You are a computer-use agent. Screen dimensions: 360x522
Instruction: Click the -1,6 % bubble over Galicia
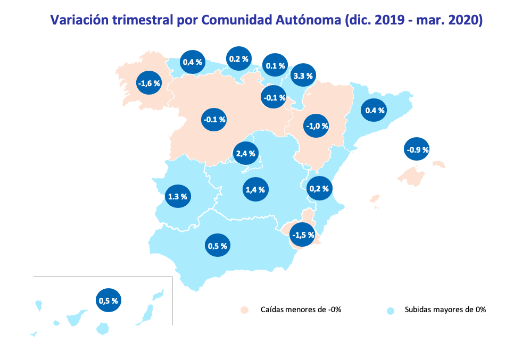coord(148,83)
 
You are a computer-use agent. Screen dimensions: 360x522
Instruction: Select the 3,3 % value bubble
coord(303,76)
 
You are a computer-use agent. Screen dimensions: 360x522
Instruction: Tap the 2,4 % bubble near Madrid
coord(245,154)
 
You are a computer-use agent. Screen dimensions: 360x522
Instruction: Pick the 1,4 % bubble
coord(255,189)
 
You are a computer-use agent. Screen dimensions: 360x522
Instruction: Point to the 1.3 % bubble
coord(177,196)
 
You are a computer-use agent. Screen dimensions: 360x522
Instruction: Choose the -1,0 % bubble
coord(317,126)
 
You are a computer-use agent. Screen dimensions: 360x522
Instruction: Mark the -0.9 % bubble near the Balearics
coord(417,150)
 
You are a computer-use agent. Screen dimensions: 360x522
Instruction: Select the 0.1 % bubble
coord(275,66)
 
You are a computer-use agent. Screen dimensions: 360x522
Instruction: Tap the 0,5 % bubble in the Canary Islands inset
coord(108,300)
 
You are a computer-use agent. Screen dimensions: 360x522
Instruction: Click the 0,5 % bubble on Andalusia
coord(217,246)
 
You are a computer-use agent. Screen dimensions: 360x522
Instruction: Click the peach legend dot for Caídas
coord(244,309)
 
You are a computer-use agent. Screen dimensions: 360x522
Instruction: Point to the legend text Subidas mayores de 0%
coord(445,309)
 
